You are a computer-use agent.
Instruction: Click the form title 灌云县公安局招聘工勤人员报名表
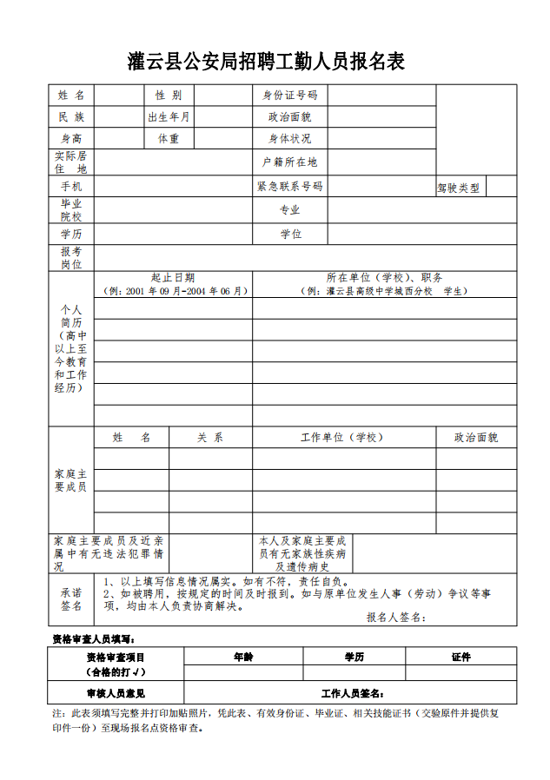coord(266,62)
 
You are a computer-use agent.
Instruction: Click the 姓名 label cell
coord(71,95)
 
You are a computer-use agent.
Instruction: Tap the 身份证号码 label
coord(290,95)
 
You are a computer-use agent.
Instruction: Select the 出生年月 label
coord(169,116)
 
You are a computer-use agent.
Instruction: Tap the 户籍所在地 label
coord(290,162)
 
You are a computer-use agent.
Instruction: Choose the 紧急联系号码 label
coord(290,186)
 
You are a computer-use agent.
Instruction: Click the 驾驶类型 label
coord(459,187)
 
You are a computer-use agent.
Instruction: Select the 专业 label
coord(290,210)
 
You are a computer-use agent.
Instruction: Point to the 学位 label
coord(290,235)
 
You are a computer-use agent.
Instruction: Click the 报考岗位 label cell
coord(71,257)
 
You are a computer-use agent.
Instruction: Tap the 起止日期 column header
coord(173,278)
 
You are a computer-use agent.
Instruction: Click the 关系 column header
coord(210,438)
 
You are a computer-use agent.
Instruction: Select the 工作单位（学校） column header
coord(342,438)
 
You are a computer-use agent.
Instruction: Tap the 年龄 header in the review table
coord(243,658)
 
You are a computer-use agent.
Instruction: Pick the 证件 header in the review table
coord(461,658)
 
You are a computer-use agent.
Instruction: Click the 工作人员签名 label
coord(353,693)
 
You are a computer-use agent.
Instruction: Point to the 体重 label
coord(169,139)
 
